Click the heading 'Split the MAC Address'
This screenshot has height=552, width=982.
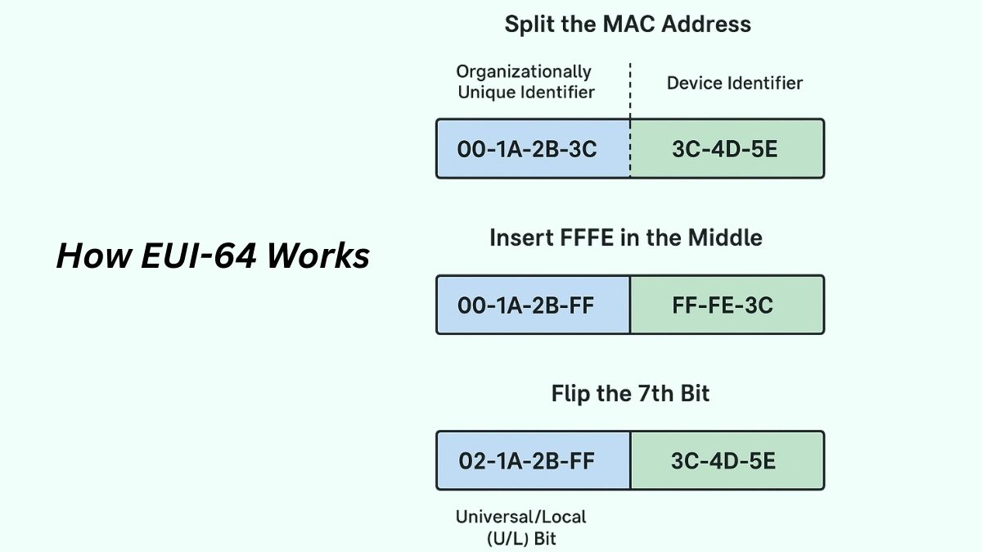tap(628, 24)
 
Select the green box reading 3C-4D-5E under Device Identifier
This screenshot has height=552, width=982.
tap(727, 148)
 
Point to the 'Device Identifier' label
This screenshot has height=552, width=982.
tap(734, 83)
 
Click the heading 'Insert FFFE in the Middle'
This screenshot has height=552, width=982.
tap(626, 238)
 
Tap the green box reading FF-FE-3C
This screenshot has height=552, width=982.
tap(727, 305)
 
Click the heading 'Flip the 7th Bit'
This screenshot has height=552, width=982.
tap(630, 394)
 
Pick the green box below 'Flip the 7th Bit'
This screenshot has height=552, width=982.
tap(727, 460)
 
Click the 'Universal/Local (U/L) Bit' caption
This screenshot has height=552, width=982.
tap(520, 527)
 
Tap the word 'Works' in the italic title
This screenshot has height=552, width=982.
tap(318, 256)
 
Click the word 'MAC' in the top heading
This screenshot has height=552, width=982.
tap(628, 24)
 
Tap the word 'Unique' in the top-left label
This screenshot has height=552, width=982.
tap(485, 92)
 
